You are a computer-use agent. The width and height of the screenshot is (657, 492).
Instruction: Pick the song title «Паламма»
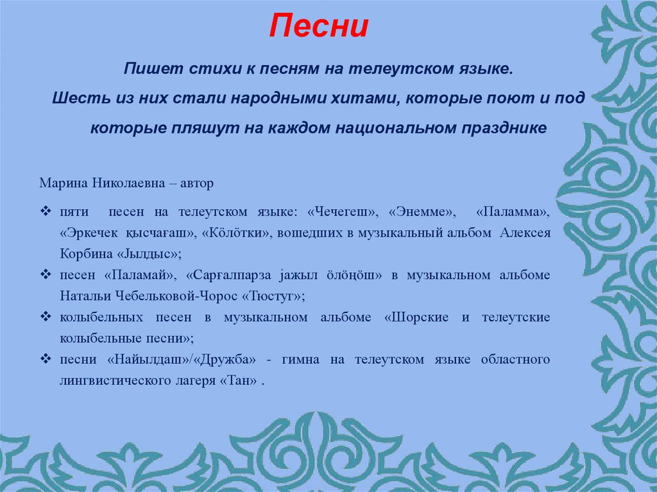(x=513, y=211)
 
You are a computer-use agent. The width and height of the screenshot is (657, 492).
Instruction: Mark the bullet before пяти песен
(x=45, y=211)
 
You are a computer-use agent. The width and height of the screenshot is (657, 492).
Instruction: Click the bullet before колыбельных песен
(x=45, y=318)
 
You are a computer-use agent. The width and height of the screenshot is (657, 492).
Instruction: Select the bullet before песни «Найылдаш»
(x=45, y=359)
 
